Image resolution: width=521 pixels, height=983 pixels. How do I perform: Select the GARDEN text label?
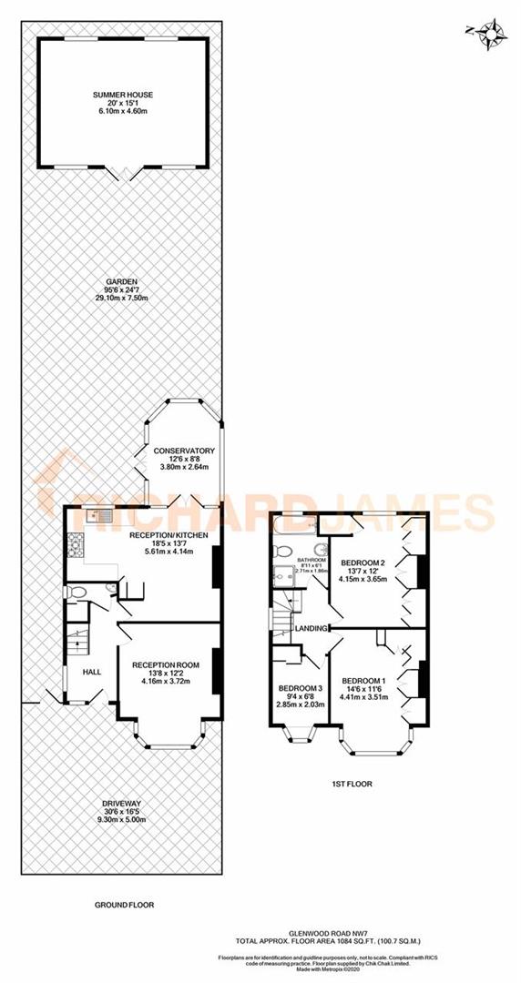(121, 282)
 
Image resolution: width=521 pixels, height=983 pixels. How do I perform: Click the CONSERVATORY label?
(184, 451)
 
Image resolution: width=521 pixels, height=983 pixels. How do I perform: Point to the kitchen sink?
(99, 518)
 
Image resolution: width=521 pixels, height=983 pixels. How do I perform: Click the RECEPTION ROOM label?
(165, 664)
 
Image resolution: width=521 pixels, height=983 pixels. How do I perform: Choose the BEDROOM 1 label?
(363, 681)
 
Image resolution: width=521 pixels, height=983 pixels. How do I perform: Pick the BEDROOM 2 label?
(363, 562)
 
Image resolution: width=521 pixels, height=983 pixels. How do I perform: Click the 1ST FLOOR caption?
(353, 783)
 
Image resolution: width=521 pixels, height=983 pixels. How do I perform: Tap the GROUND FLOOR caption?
(124, 905)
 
